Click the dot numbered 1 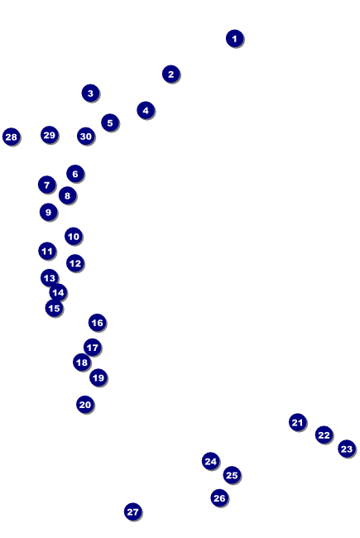(235, 38)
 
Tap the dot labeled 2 (171, 74)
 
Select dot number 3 (90, 93)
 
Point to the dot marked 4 (146, 110)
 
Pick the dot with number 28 (12, 137)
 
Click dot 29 (50, 135)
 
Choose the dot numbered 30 (86, 137)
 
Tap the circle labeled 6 (75, 174)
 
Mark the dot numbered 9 (48, 213)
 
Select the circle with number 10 (74, 237)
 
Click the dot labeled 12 (75, 263)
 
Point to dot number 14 (58, 293)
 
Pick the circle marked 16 (97, 323)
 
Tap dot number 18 (82, 363)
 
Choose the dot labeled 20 (85, 405)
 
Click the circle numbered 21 (298, 422)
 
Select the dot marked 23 (347, 449)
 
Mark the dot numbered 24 (211, 462)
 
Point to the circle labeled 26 (219, 497)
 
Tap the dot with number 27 (132, 512)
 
